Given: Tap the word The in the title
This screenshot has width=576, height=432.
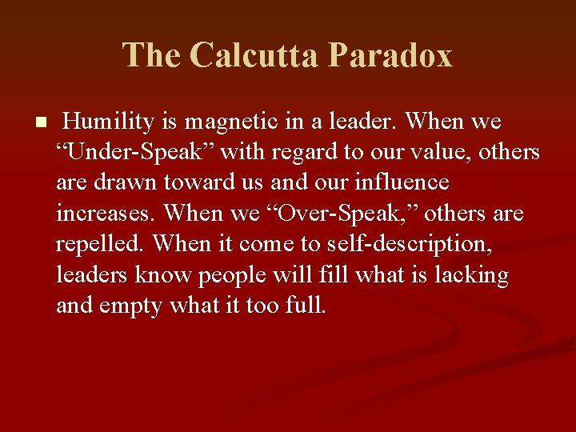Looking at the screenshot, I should (x=151, y=55).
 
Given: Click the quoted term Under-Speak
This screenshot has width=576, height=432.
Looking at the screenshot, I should (x=131, y=152).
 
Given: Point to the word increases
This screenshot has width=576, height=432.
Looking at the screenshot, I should (x=106, y=214).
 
